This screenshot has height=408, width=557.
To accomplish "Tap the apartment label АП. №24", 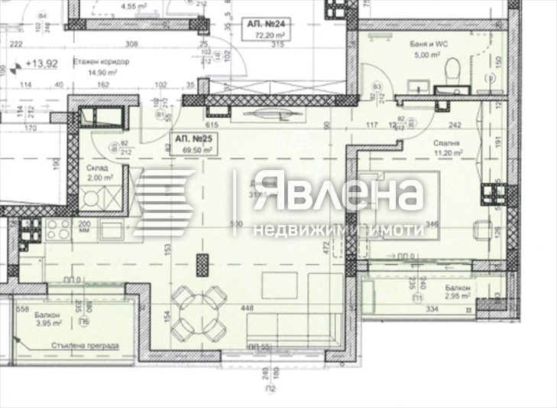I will pyautogui.click(x=263, y=23).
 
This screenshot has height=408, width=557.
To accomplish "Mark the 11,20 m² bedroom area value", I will pyautogui.click(x=449, y=153).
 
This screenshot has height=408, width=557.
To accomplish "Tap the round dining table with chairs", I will pyautogui.click(x=196, y=315).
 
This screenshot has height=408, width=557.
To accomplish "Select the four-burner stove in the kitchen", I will pyautogui.click(x=56, y=227).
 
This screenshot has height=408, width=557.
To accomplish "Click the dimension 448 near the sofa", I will pyautogui.click(x=247, y=308).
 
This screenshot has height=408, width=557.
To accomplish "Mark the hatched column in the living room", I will pyautogui.click(x=202, y=265).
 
